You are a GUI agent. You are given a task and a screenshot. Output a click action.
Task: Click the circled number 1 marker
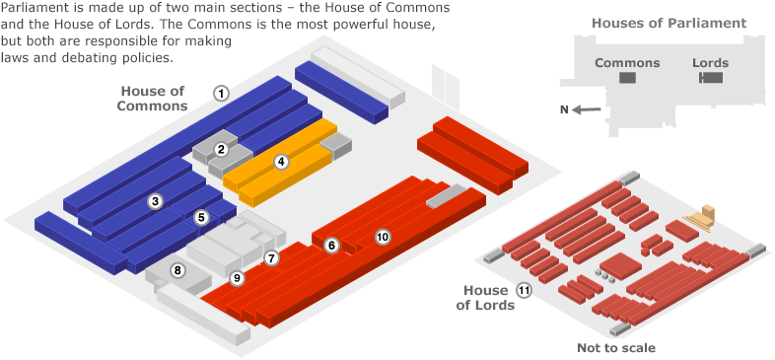tap(222, 93)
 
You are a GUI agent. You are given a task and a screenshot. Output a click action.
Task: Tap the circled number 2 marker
tap(222, 149)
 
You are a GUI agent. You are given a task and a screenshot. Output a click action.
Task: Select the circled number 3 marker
tap(155, 201)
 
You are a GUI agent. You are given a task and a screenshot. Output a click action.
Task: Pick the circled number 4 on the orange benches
tap(281, 161)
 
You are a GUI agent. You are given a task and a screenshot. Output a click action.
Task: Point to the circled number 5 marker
tap(201, 217)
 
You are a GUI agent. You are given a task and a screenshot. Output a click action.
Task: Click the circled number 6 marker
tap(332, 245)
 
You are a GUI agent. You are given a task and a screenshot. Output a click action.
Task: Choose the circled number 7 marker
tap(272, 257)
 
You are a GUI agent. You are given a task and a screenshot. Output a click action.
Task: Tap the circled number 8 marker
tap(177, 269)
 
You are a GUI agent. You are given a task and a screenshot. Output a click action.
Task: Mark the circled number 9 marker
tap(237, 279)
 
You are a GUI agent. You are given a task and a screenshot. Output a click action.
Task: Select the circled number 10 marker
tap(383, 236)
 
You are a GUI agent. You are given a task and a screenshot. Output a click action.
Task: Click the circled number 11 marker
tap(524, 290)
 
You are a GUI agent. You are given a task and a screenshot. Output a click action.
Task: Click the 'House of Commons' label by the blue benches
tap(153, 99)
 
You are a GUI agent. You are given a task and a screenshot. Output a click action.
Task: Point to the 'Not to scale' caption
tap(615, 347)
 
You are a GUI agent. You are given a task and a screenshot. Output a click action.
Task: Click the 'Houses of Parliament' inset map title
tap(669, 23)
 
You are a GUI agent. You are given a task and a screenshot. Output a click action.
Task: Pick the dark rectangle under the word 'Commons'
tap(627, 78)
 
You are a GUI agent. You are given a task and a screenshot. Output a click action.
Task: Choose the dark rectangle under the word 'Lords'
tap(709, 78)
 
